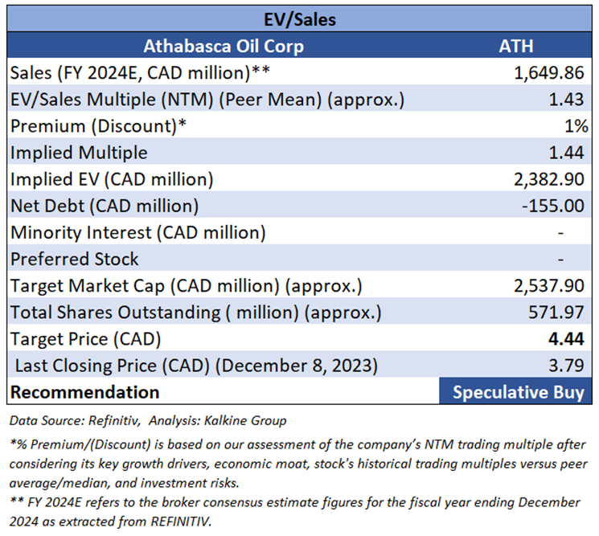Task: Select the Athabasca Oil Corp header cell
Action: [x=224, y=46]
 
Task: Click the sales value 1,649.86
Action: [x=549, y=73]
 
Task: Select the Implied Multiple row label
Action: [x=80, y=153]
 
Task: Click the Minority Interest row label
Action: [x=137, y=232]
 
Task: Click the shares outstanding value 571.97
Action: [x=559, y=312]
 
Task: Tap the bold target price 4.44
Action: [x=568, y=338]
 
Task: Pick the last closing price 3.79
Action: [x=568, y=365]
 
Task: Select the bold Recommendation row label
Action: [x=84, y=392]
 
